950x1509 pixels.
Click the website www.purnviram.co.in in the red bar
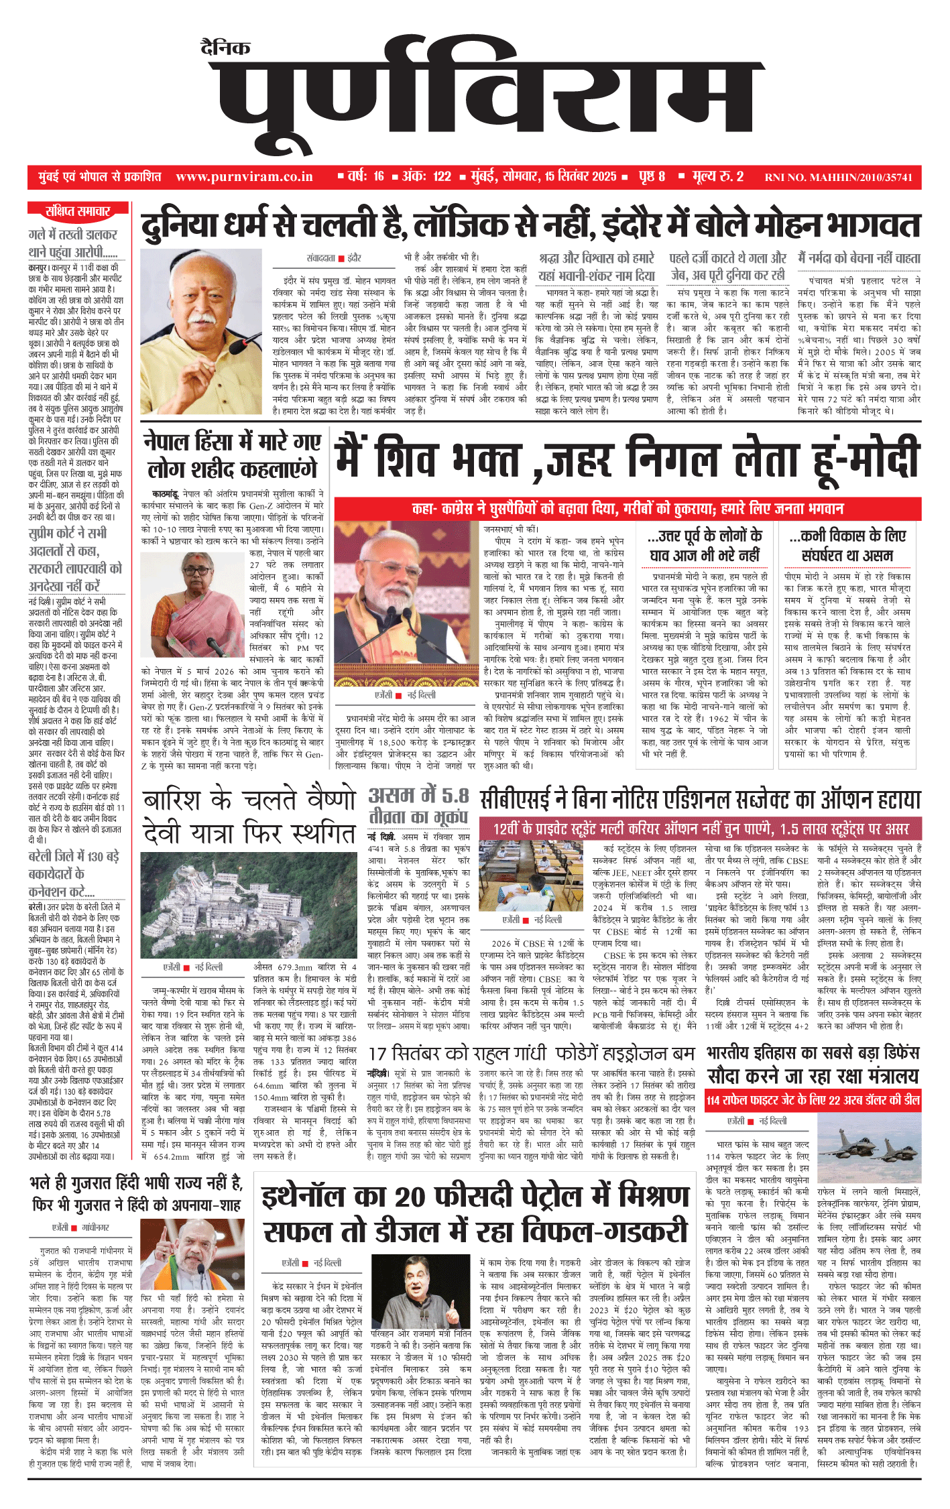244,177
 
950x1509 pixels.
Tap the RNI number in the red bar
838,178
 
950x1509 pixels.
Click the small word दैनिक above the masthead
225,48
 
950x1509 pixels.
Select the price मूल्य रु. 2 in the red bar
718,177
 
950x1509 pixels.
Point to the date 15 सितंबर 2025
580,177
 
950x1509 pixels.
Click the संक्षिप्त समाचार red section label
78,212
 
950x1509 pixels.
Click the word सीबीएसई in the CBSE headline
523,800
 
